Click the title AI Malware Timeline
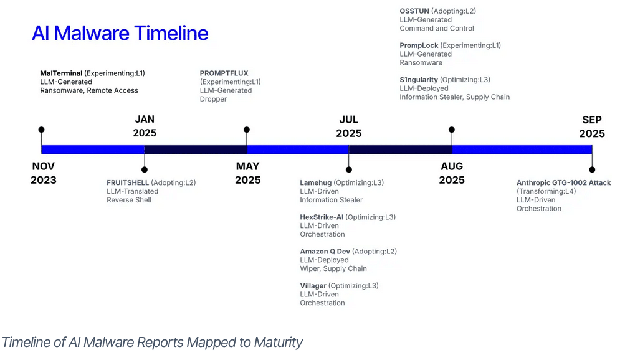tap(120, 33)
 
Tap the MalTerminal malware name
tap(61, 73)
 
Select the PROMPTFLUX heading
tap(224, 73)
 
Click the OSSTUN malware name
tap(414, 11)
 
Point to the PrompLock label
tap(419, 45)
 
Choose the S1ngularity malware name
tap(419, 80)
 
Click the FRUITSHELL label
tap(128, 182)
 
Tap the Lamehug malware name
tap(316, 182)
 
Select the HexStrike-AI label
tap(322, 217)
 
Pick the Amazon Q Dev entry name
tap(325, 251)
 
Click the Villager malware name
tap(313, 285)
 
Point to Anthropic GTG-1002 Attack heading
tap(563, 182)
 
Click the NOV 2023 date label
tap(44, 173)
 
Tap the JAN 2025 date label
tap(145, 126)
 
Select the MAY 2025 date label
tap(247, 173)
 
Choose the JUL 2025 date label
tap(349, 126)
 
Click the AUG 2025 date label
tap(452, 173)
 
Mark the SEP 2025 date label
tap(592, 126)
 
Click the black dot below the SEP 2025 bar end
tap(592, 169)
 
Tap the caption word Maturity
tap(278, 342)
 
